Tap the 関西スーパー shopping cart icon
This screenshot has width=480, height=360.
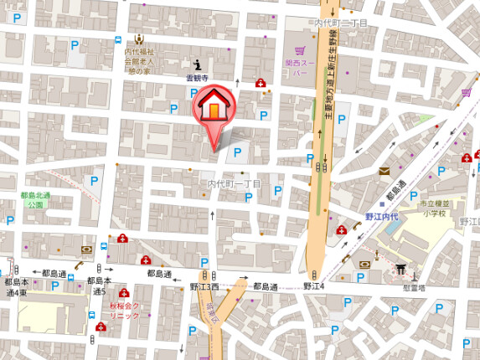[x=300, y=50]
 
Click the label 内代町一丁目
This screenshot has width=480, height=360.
[x=235, y=183]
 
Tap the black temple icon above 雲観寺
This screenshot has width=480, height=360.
[x=198, y=64]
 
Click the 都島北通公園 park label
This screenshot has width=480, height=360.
[x=36, y=199]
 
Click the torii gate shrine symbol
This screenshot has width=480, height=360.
[x=400, y=270]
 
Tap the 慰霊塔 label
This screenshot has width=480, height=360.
[x=413, y=286]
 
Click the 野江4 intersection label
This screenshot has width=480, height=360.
[x=313, y=286]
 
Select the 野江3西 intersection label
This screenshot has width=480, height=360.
[x=204, y=286]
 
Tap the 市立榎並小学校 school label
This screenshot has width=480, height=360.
[x=436, y=208]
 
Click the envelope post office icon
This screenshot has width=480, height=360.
[x=385, y=171]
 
